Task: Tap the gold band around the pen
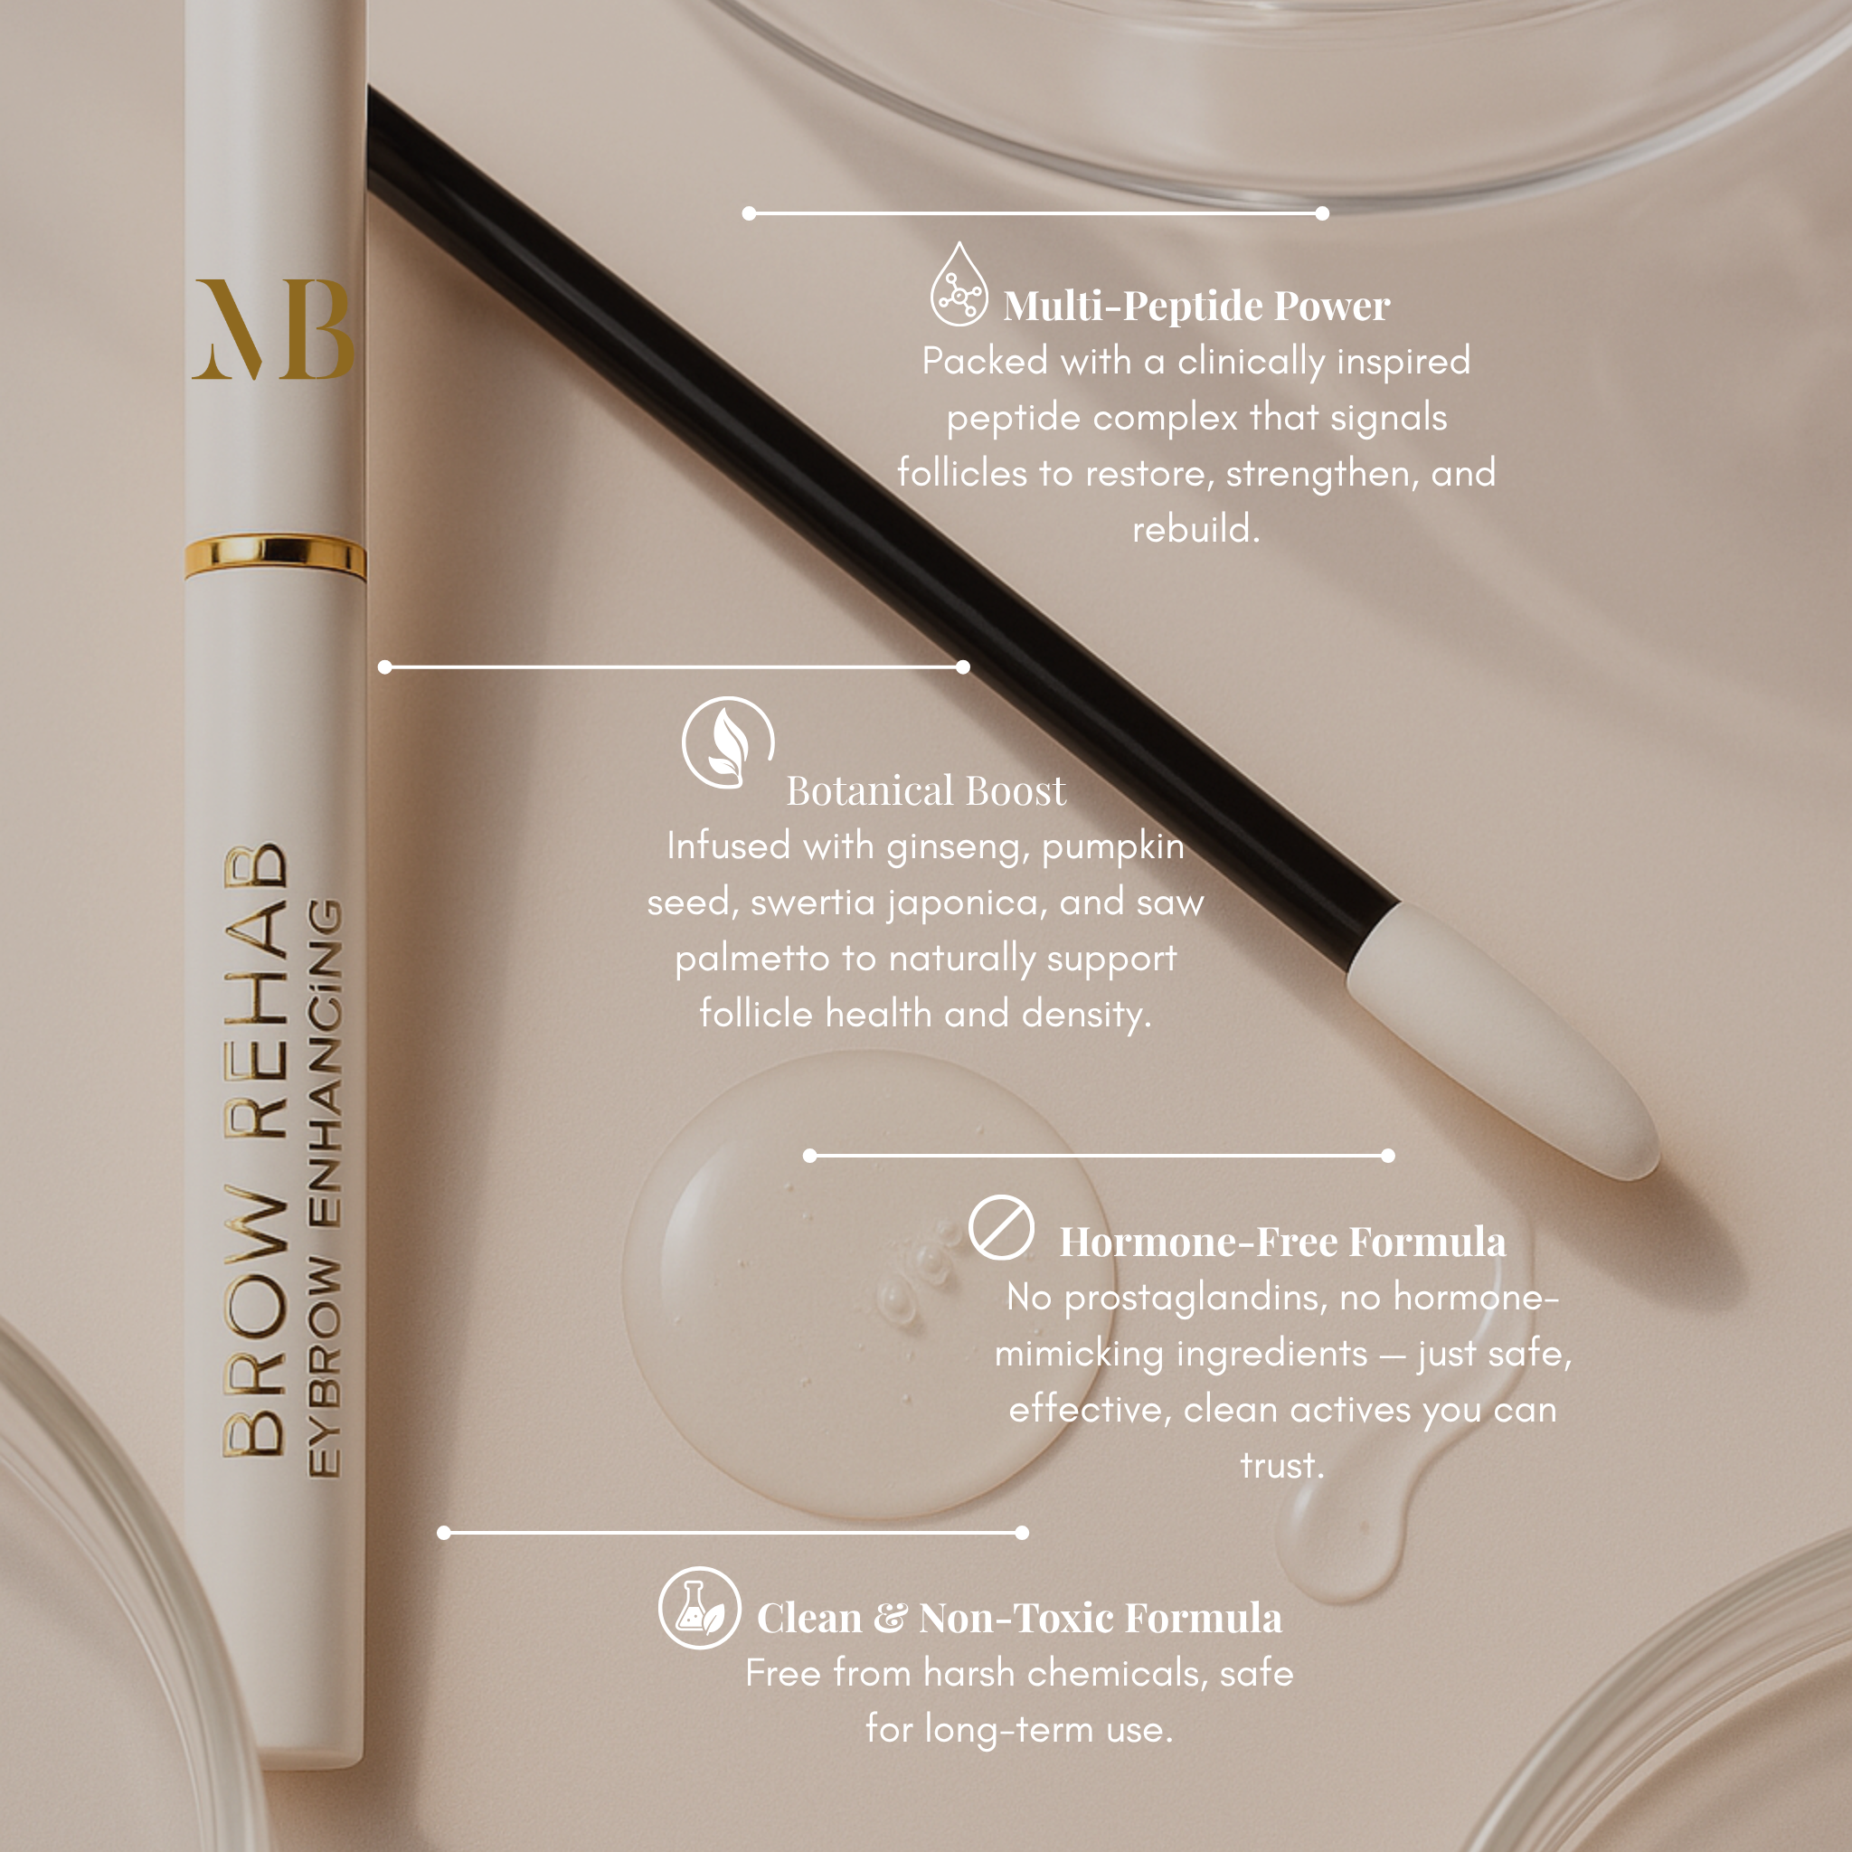pyautogui.click(x=275, y=557)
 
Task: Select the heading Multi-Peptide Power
pyautogui.click(x=1195, y=307)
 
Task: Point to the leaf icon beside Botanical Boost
pyautogui.click(x=728, y=742)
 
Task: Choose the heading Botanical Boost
pyautogui.click(x=925, y=791)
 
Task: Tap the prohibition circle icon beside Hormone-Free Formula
pyautogui.click(x=1001, y=1227)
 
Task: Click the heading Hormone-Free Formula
pyautogui.click(x=1281, y=1243)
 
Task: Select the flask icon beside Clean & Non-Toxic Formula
pyautogui.click(x=699, y=1608)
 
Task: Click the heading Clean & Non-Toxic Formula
pyautogui.click(x=1019, y=1618)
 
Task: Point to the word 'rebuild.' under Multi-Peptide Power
pyautogui.click(x=1195, y=529)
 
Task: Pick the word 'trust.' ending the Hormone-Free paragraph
pyautogui.click(x=1281, y=1466)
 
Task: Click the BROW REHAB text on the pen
pyautogui.click(x=255, y=1150)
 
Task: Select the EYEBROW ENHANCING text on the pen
pyautogui.click(x=324, y=1188)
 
